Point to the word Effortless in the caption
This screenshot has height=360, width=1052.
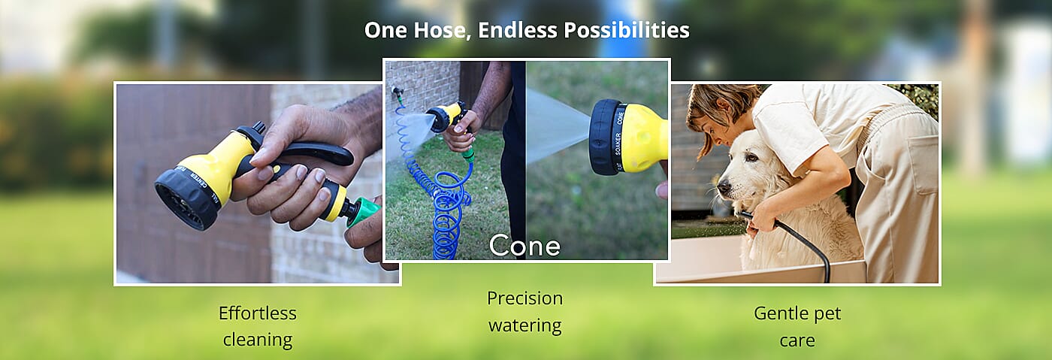point(257,313)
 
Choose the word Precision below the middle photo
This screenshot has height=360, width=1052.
point(524,298)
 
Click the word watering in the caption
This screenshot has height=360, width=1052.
point(524,325)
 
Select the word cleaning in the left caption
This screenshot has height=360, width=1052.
point(257,340)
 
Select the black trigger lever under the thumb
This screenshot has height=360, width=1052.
point(316,153)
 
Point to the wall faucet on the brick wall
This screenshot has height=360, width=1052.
point(395,93)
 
